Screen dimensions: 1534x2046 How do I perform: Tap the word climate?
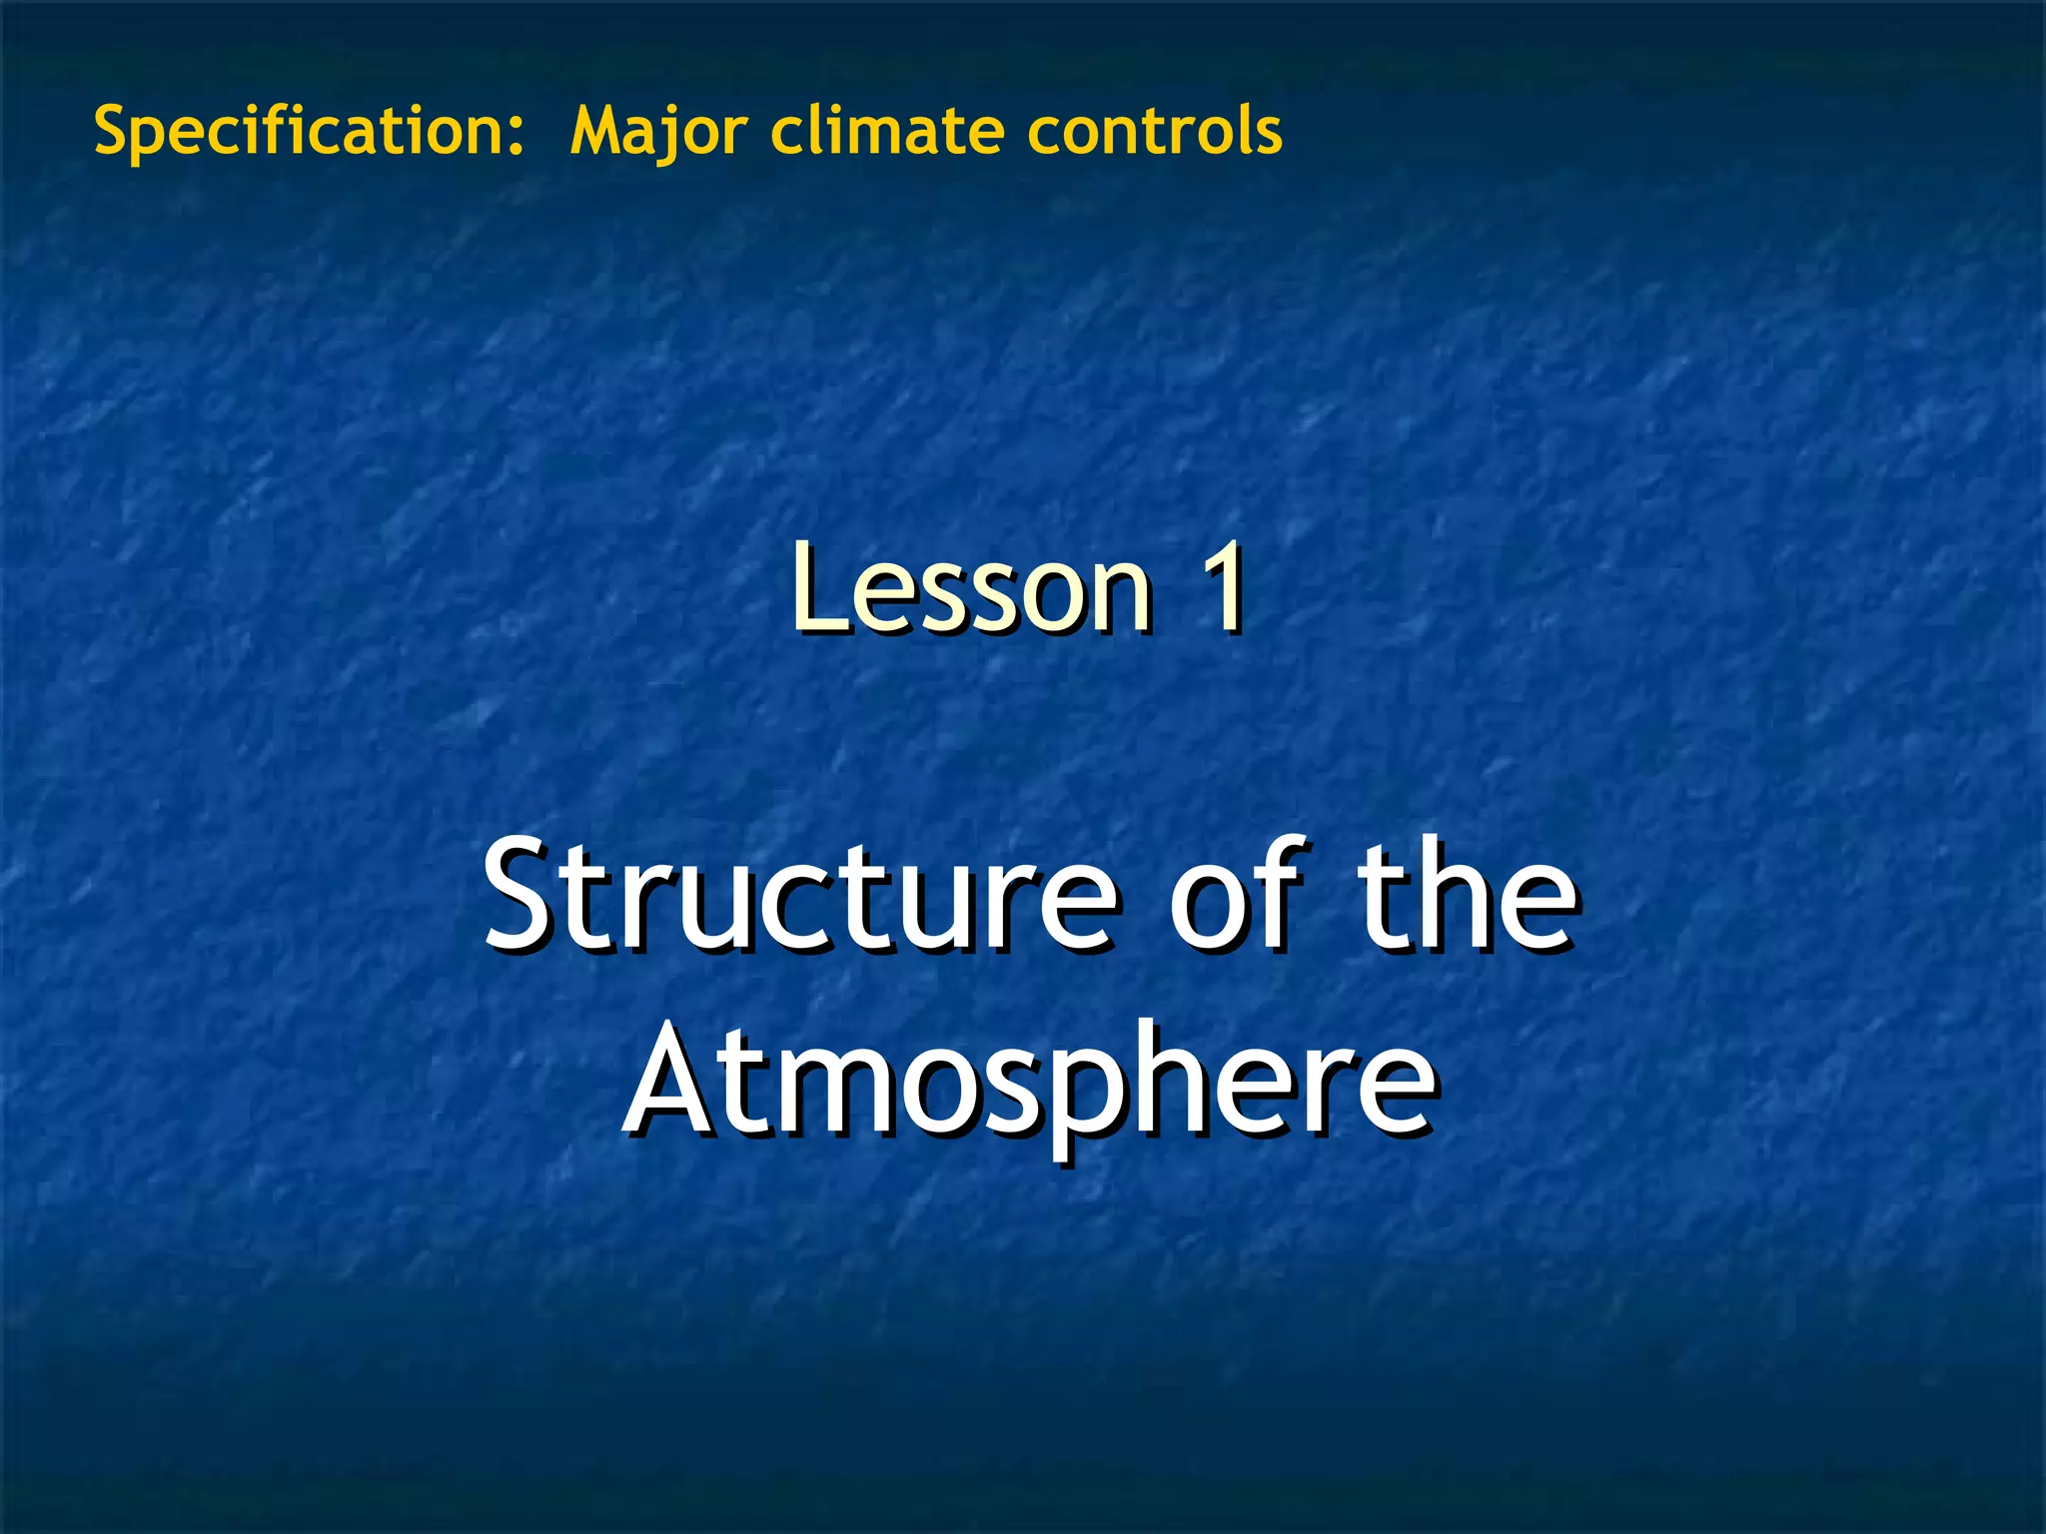887,131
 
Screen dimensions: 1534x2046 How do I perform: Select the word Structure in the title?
800,894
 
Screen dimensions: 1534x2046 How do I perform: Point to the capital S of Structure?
519,895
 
